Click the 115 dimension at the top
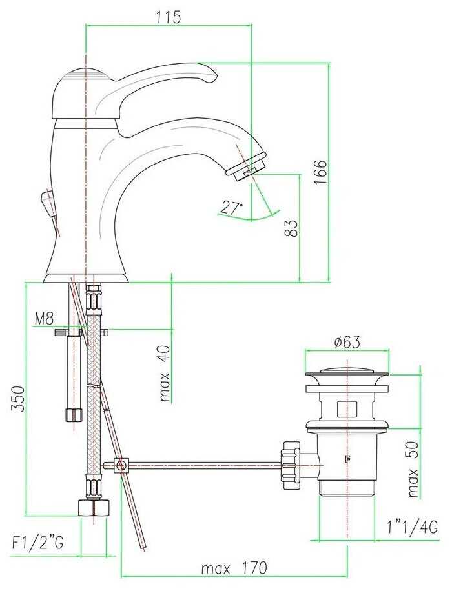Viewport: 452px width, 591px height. tap(169, 17)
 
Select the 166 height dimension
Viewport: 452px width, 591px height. tap(320, 172)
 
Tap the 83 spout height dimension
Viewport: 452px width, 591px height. tap(291, 228)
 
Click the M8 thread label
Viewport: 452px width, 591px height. tap(45, 319)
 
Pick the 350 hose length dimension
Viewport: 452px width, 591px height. tap(17, 399)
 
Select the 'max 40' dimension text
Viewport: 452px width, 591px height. tap(165, 374)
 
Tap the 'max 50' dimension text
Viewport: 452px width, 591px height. tap(413, 469)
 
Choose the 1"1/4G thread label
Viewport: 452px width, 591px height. tap(412, 526)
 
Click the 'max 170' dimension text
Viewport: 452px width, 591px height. tap(234, 568)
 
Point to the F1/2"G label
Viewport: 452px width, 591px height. tap(37, 543)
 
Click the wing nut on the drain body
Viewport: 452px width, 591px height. tap(291, 465)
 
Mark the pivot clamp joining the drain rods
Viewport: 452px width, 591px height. tap(121, 465)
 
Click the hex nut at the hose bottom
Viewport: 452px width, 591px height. tap(94, 507)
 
